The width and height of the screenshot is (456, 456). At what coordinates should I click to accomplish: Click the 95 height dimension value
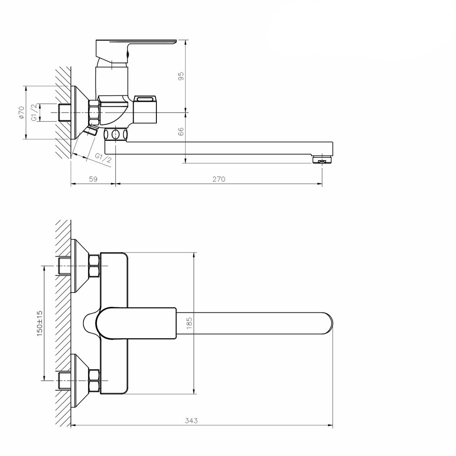[x=181, y=76]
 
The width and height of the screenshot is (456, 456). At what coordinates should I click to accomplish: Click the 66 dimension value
[x=181, y=131]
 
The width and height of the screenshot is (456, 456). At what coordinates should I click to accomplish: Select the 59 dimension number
[x=93, y=179]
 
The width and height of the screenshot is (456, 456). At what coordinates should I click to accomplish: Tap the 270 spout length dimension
[x=219, y=179]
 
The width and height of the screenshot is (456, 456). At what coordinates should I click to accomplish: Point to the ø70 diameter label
[x=21, y=113]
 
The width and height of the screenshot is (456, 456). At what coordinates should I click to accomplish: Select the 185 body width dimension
[x=190, y=323]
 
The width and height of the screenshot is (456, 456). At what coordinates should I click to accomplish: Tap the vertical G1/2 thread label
[x=34, y=112]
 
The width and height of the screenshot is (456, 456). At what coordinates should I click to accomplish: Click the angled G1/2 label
[x=103, y=159]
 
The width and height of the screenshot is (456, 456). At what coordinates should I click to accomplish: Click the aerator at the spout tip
[x=322, y=159]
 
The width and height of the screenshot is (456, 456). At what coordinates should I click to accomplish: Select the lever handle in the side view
[x=137, y=46]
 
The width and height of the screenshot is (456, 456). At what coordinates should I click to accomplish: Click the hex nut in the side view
[x=94, y=112]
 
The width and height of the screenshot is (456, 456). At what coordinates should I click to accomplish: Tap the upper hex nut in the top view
[x=94, y=266]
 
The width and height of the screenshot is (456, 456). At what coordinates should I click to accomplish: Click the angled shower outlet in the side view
[x=90, y=131]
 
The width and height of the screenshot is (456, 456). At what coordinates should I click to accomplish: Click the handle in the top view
[x=137, y=323]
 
